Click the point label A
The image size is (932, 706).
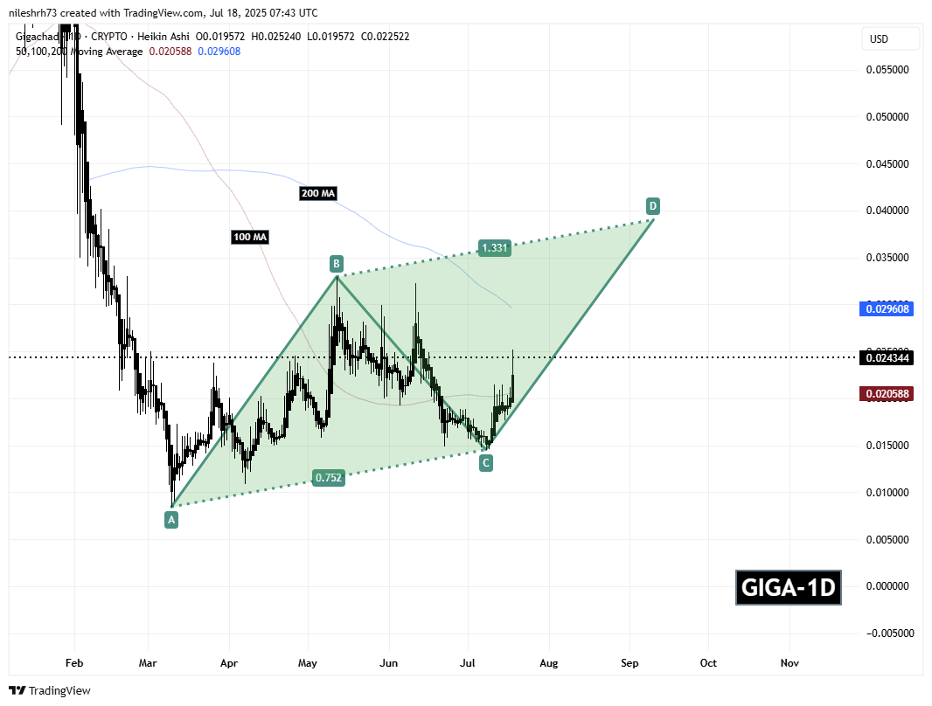point(171,520)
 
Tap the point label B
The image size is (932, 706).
point(336,263)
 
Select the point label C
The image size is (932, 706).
point(485,464)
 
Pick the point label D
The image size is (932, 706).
point(652,206)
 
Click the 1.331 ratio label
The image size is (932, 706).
point(494,247)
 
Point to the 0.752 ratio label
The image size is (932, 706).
point(329,477)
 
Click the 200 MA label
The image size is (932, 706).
point(317,193)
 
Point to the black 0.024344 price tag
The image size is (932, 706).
point(889,357)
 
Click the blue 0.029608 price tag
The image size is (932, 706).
point(889,308)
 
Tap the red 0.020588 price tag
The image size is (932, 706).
point(889,394)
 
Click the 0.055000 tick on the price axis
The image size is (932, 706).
point(887,69)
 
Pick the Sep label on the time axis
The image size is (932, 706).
point(629,663)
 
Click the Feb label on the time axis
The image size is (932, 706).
point(74,663)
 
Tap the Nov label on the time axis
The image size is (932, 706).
point(789,663)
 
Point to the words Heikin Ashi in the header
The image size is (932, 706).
point(164,37)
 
